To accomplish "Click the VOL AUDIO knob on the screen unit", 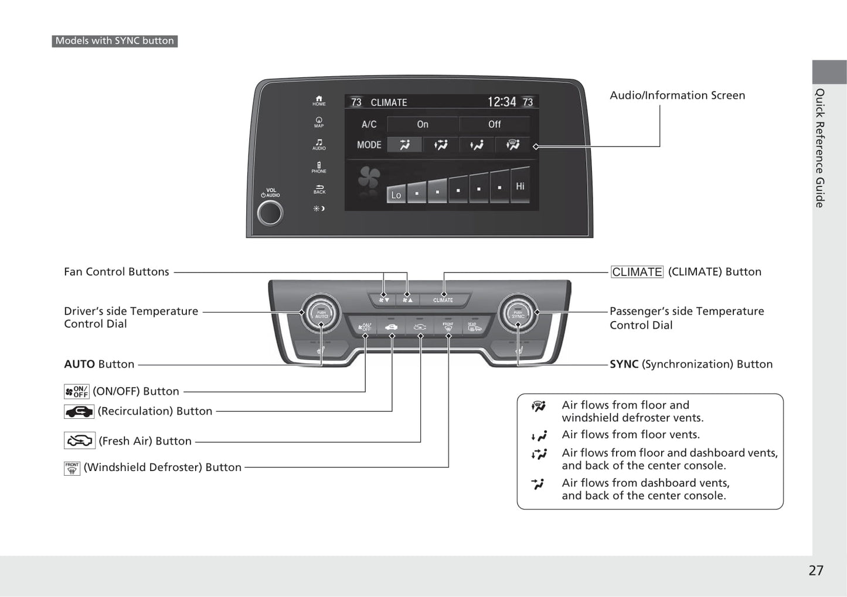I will pyautogui.click(x=270, y=213).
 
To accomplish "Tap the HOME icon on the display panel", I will pyautogui.click(x=319, y=101).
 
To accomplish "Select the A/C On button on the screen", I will pyautogui.click(x=423, y=124).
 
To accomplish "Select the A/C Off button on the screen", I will pyautogui.click(x=494, y=124).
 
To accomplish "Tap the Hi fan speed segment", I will pyautogui.click(x=520, y=186).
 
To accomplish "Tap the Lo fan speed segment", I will pyautogui.click(x=396, y=195).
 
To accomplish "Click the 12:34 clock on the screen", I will pyautogui.click(x=502, y=102).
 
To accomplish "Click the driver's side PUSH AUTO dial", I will pyautogui.click(x=321, y=313).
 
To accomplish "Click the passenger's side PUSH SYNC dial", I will pyautogui.click(x=518, y=313).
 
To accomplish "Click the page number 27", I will pyautogui.click(x=816, y=570).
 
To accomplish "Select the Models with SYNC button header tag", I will pyautogui.click(x=115, y=41).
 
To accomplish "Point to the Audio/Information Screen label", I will pyautogui.click(x=677, y=95).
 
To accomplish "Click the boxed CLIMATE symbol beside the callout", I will pyautogui.click(x=637, y=272).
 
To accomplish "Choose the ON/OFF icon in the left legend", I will pyautogui.click(x=77, y=391).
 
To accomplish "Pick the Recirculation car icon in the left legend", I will pyautogui.click(x=79, y=412).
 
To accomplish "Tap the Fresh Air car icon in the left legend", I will pyautogui.click(x=79, y=441).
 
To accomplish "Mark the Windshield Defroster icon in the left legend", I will pyautogui.click(x=72, y=468).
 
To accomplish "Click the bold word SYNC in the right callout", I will pyautogui.click(x=624, y=364).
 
